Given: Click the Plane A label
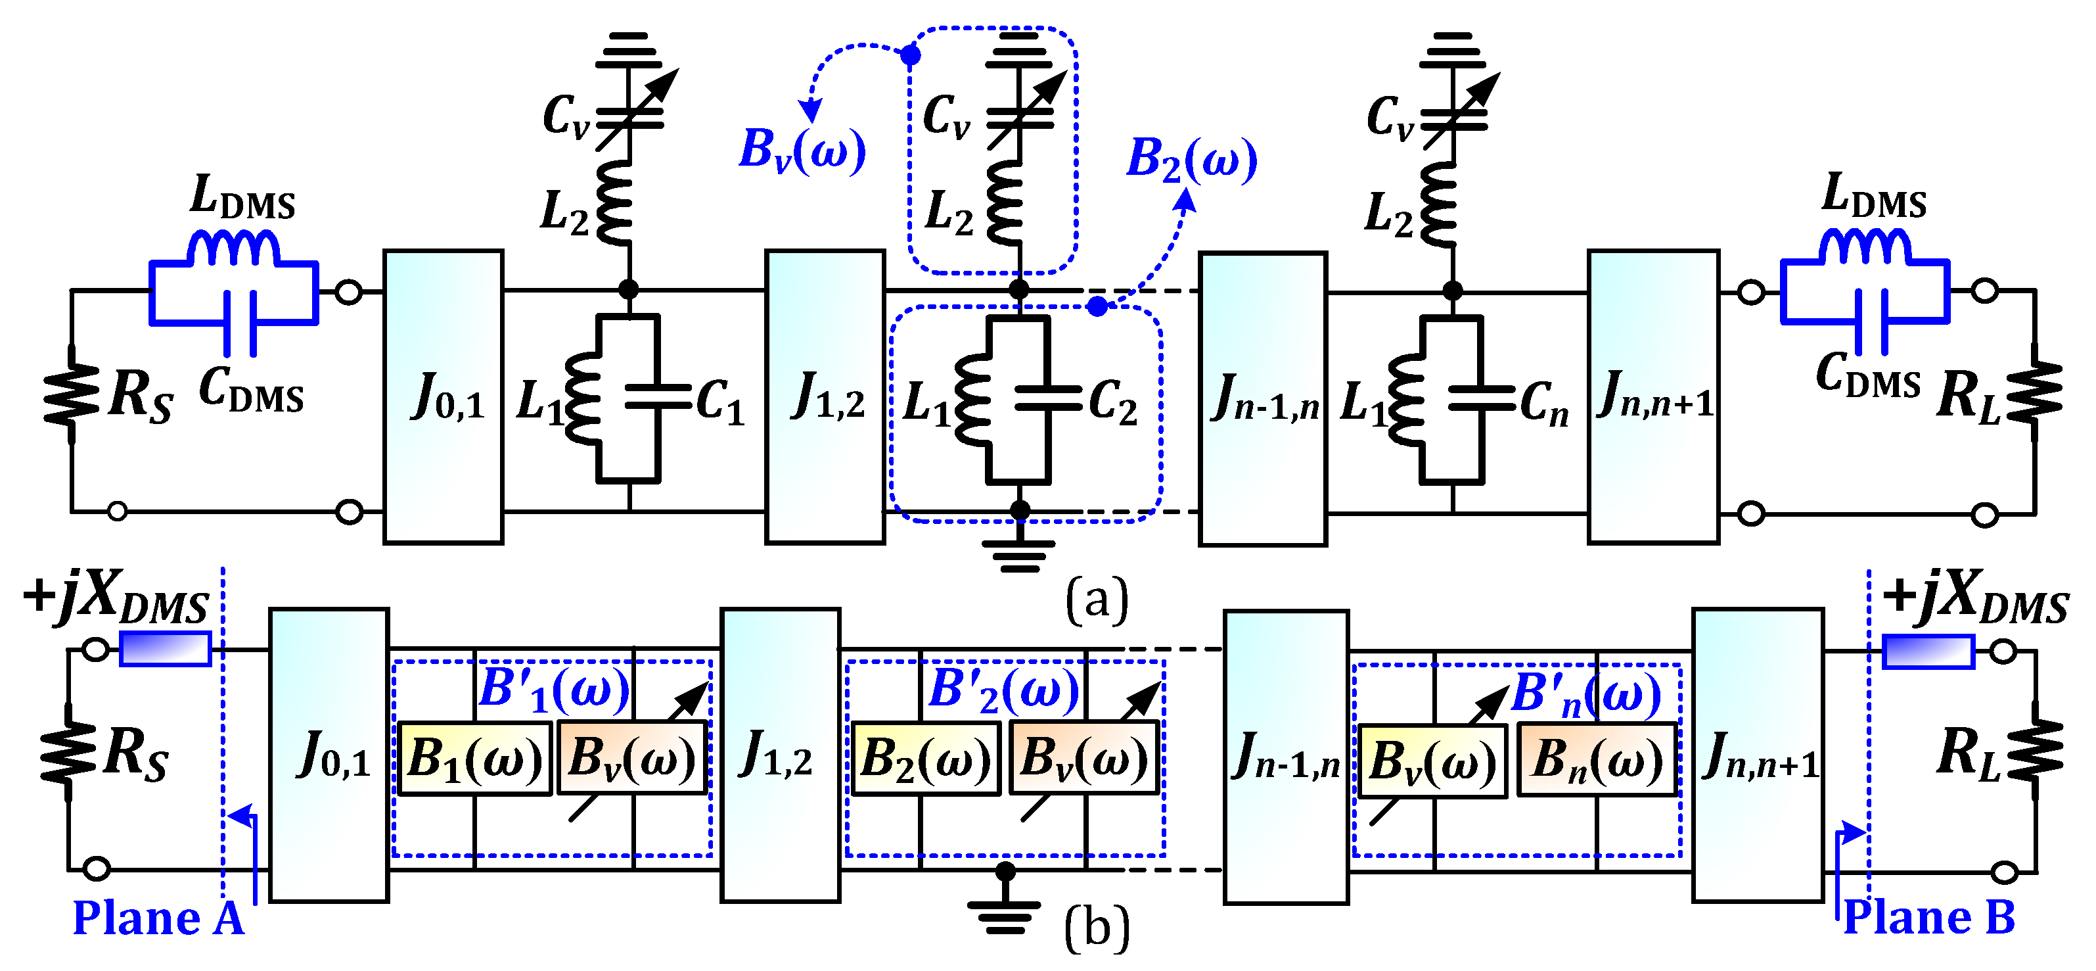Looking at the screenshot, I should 158,918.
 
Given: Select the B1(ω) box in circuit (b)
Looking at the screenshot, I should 474,759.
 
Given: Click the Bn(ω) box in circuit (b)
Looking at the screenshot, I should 1597,760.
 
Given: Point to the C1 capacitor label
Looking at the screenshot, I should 720,402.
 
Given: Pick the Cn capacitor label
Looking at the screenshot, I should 1543,403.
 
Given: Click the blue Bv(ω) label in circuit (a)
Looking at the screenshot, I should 802,151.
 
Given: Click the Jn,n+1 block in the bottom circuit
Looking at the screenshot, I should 1758,755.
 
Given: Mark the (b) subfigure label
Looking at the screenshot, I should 1097,928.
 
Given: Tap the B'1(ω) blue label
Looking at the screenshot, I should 554,690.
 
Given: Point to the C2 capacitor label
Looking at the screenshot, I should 1112,403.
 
